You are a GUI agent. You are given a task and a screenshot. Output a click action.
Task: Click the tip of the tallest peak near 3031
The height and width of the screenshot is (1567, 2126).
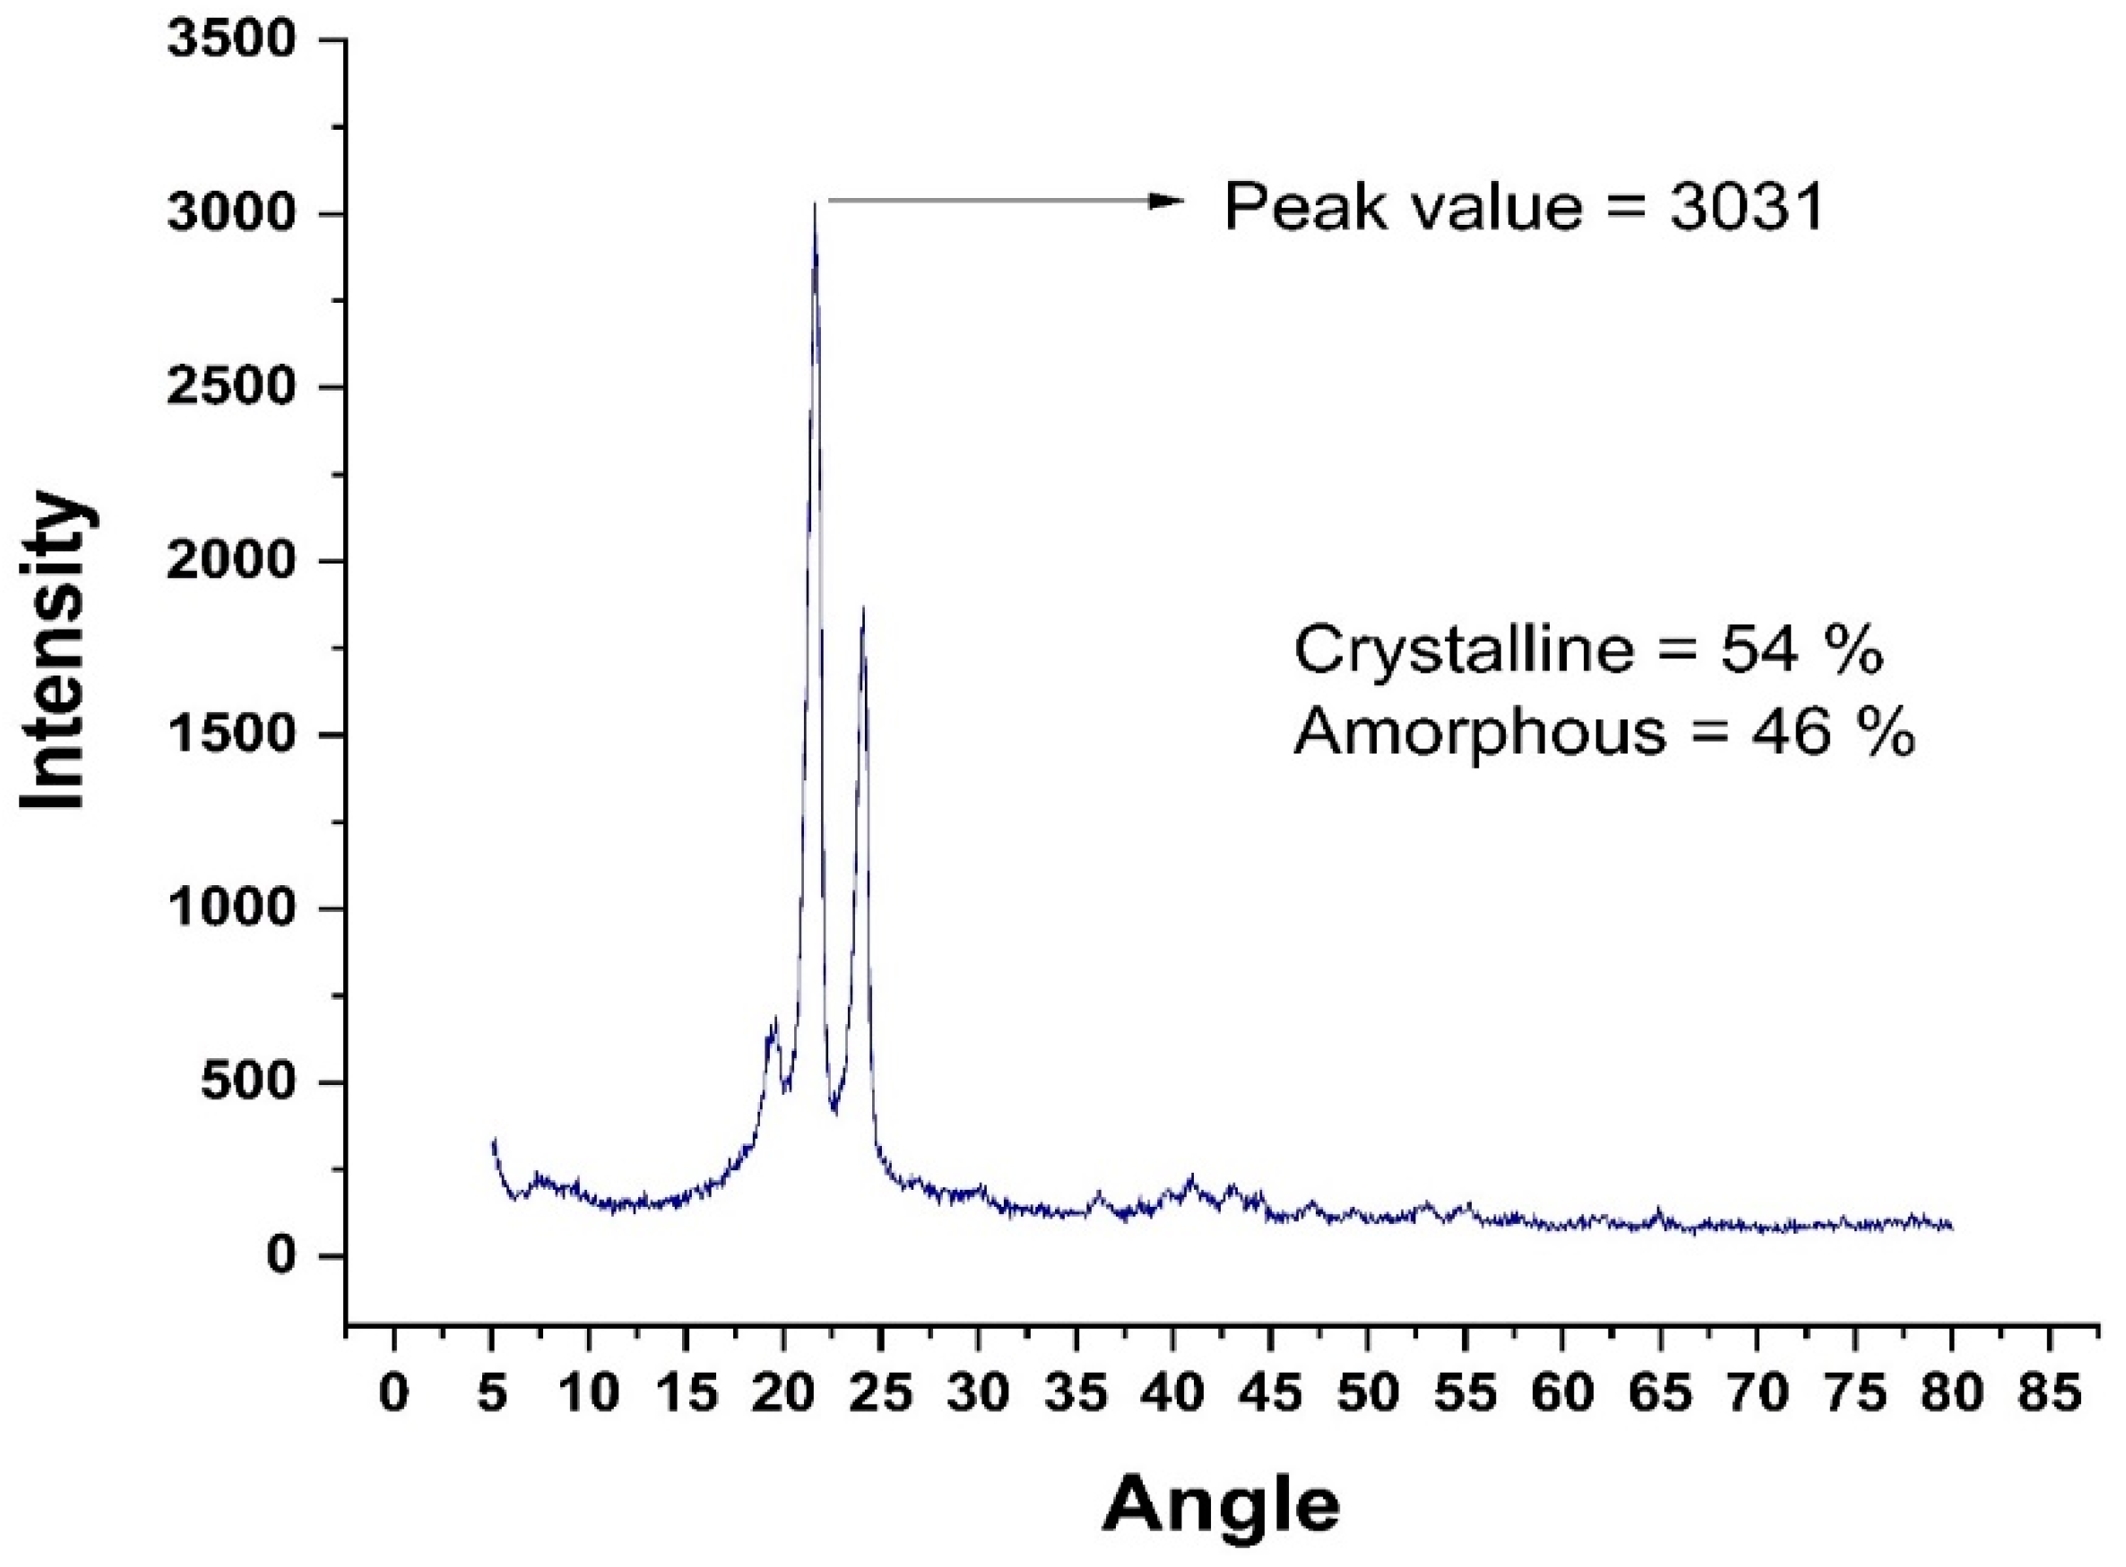[x=814, y=204]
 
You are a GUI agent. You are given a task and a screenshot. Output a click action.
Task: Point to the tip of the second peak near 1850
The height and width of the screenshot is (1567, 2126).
[x=862, y=609]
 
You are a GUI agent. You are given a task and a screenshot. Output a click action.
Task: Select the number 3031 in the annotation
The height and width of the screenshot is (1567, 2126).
[x=1747, y=208]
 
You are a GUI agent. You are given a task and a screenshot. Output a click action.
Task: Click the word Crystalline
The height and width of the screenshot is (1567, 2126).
[x=1464, y=651]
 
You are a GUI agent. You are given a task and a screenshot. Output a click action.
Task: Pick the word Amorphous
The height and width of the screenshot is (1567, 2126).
[x=1479, y=733]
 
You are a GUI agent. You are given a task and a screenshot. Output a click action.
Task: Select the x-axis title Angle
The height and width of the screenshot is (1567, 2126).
[x=1221, y=1505]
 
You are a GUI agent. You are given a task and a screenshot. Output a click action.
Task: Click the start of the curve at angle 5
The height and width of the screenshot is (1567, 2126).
[x=493, y=1141]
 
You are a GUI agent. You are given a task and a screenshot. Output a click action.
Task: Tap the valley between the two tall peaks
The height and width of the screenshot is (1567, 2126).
[x=834, y=1110]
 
